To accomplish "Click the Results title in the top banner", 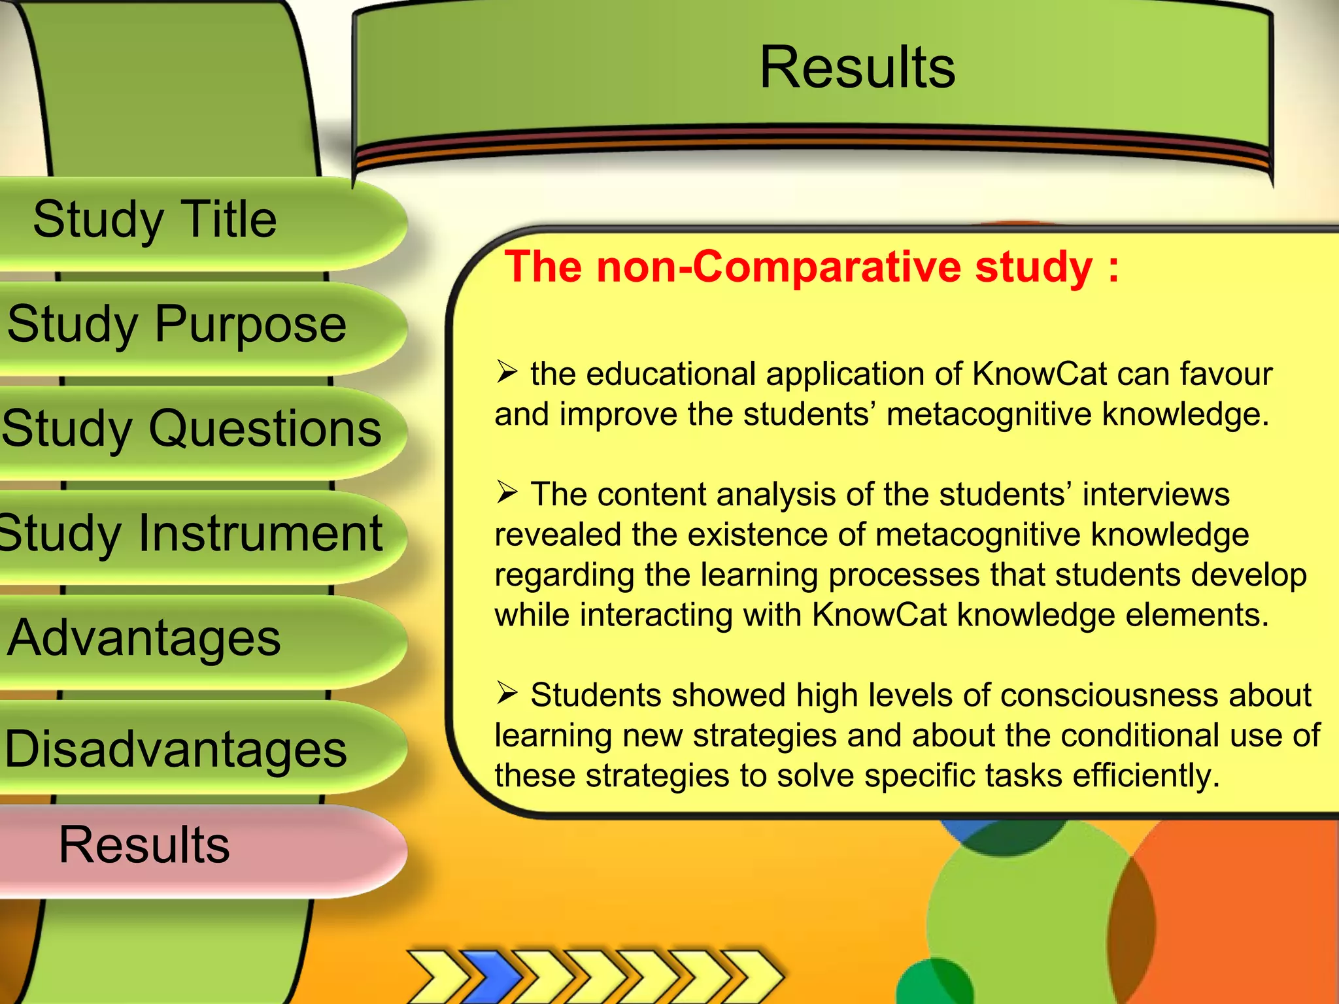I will click(x=857, y=67).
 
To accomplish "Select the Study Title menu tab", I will click(x=155, y=219).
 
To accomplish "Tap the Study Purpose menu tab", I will click(x=177, y=324).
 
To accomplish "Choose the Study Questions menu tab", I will click(x=191, y=428).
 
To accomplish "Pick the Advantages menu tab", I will click(x=144, y=637).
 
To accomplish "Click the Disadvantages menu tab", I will click(x=175, y=748).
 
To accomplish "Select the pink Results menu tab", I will click(x=144, y=845).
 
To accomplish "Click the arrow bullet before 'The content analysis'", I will click(x=507, y=492).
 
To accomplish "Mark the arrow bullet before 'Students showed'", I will click(x=507, y=692).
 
